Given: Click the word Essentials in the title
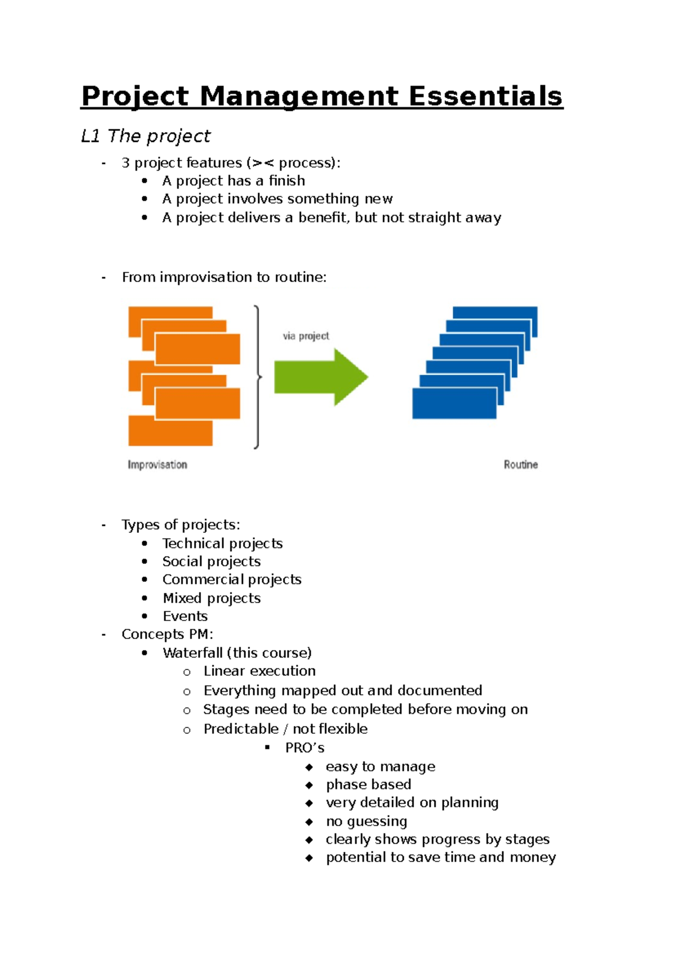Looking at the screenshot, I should pyautogui.click(x=485, y=96).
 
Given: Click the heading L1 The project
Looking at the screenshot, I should pyautogui.click(x=146, y=136).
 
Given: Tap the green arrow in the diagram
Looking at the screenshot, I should pyautogui.click(x=321, y=377).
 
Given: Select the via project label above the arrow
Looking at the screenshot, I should pyautogui.click(x=306, y=336).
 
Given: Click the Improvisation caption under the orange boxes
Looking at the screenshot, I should pyautogui.click(x=157, y=465).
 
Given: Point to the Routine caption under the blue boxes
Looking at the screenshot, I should pyautogui.click(x=520, y=465).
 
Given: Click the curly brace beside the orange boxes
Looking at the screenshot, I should pyautogui.click(x=258, y=377).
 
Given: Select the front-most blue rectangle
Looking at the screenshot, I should pyautogui.click(x=454, y=404).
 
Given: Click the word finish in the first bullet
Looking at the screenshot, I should pyautogui.click(x=287, y=181).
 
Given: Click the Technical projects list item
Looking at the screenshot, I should pyautogui.click(x=222, y=543).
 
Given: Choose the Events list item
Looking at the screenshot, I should pyautogui.click(x=185, y=616).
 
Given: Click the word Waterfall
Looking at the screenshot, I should pyautogui.click(x=192, y=653).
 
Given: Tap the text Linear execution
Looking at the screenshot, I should pyautogui.click(x=259, y=671).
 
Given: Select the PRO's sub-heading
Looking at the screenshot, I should pyautogui.click(x=304, y=748).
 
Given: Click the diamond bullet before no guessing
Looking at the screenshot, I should pyautogui.click(x=309, y=822).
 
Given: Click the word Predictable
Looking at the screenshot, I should pyautogui.click(x=241, y=729).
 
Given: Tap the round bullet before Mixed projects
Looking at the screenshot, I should pyautogui.click(x=145, y=598).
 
